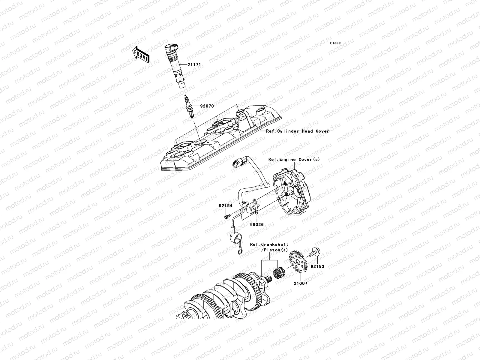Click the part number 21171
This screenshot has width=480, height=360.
click(x=195, y=65)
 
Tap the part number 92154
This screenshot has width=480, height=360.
click(x=226, y=206)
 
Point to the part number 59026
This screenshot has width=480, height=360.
click(x=258, y=224)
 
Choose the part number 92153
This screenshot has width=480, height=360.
click(x=317, y=266)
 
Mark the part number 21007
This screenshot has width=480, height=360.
click(x=300, y=283)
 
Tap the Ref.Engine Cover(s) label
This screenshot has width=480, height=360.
click(x=294, y=160)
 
